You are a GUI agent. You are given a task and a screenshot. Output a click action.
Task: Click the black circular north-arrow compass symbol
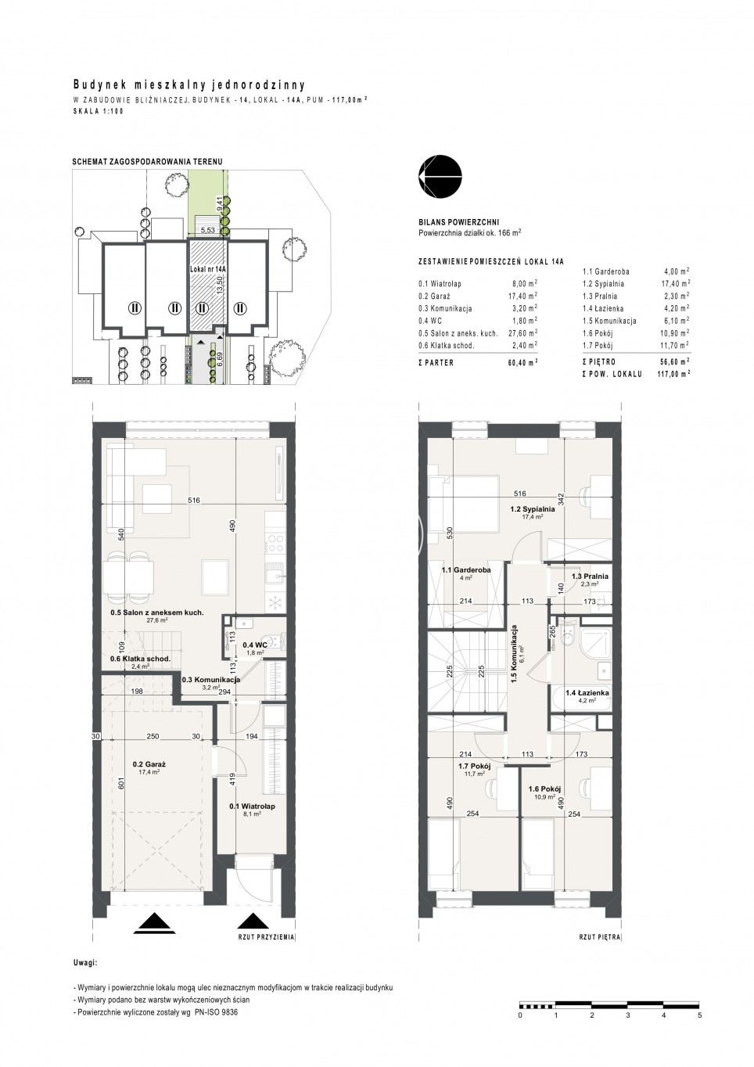click(x=440, y=176)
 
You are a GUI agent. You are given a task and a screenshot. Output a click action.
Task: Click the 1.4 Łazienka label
click(x=587, y=693)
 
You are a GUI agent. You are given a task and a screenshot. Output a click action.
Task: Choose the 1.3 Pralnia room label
click(x=590, y=576)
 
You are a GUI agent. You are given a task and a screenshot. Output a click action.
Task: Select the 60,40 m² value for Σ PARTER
click(x=522, y=362)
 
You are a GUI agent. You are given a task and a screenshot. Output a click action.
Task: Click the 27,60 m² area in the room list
click(x=522, y=333)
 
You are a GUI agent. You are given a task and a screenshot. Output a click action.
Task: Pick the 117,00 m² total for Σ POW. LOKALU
click(x=673, y=374)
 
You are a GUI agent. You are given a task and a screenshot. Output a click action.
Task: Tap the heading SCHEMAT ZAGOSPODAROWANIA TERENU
click(x=147, y=162)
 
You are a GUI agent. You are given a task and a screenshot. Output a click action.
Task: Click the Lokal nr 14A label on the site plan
click(x=208, y=268)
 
